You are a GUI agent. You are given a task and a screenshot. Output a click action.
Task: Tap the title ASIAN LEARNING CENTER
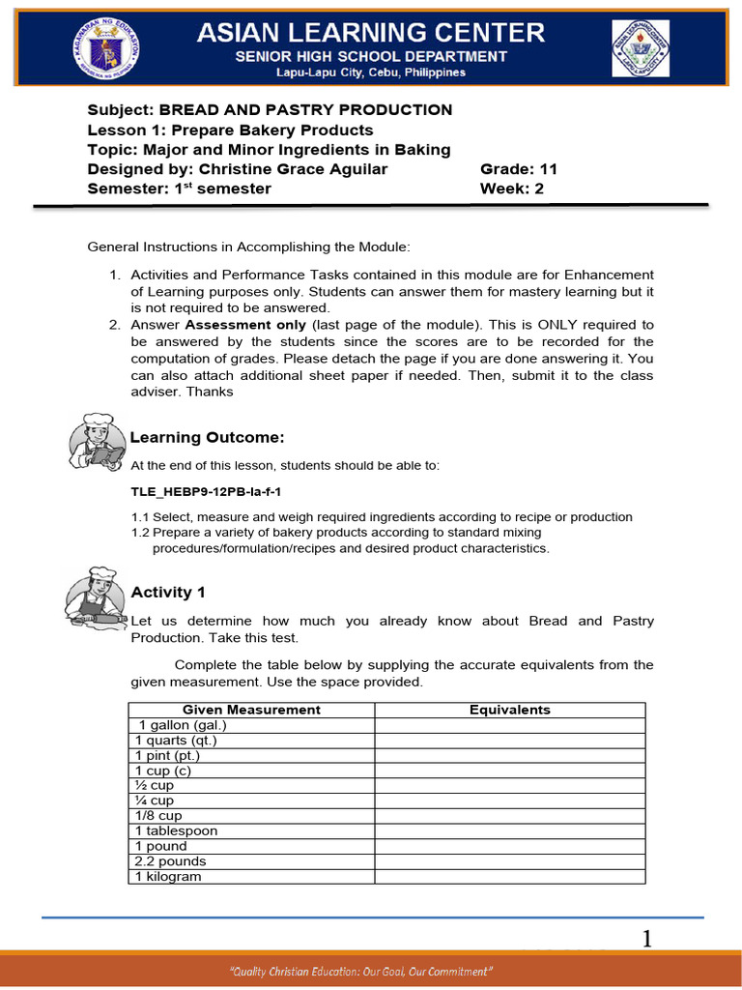[371, 33]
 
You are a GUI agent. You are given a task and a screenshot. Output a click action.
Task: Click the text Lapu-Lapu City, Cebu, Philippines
[371, 73]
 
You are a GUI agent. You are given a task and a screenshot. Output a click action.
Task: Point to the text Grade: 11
[519, 169]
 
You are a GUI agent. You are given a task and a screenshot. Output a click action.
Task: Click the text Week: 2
[512, 189]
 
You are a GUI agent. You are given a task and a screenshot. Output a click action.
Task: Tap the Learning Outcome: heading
[208, 437]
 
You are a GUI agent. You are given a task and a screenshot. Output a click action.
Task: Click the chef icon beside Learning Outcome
[97, 440]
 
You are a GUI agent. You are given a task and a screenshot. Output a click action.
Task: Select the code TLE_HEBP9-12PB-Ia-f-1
[206, 492]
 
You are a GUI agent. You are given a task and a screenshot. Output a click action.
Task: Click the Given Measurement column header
[251, 710]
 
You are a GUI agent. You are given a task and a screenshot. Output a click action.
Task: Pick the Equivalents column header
[509, 710]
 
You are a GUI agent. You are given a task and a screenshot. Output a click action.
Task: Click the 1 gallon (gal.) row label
[183, 725]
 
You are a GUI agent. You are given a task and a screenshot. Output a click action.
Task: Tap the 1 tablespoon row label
[176, 830]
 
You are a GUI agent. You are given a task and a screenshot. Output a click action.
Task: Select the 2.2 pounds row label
[170, 861]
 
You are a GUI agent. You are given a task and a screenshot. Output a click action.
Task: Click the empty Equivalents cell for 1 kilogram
[509, 877]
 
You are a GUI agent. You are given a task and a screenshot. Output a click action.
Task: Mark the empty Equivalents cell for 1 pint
[509, 755]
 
